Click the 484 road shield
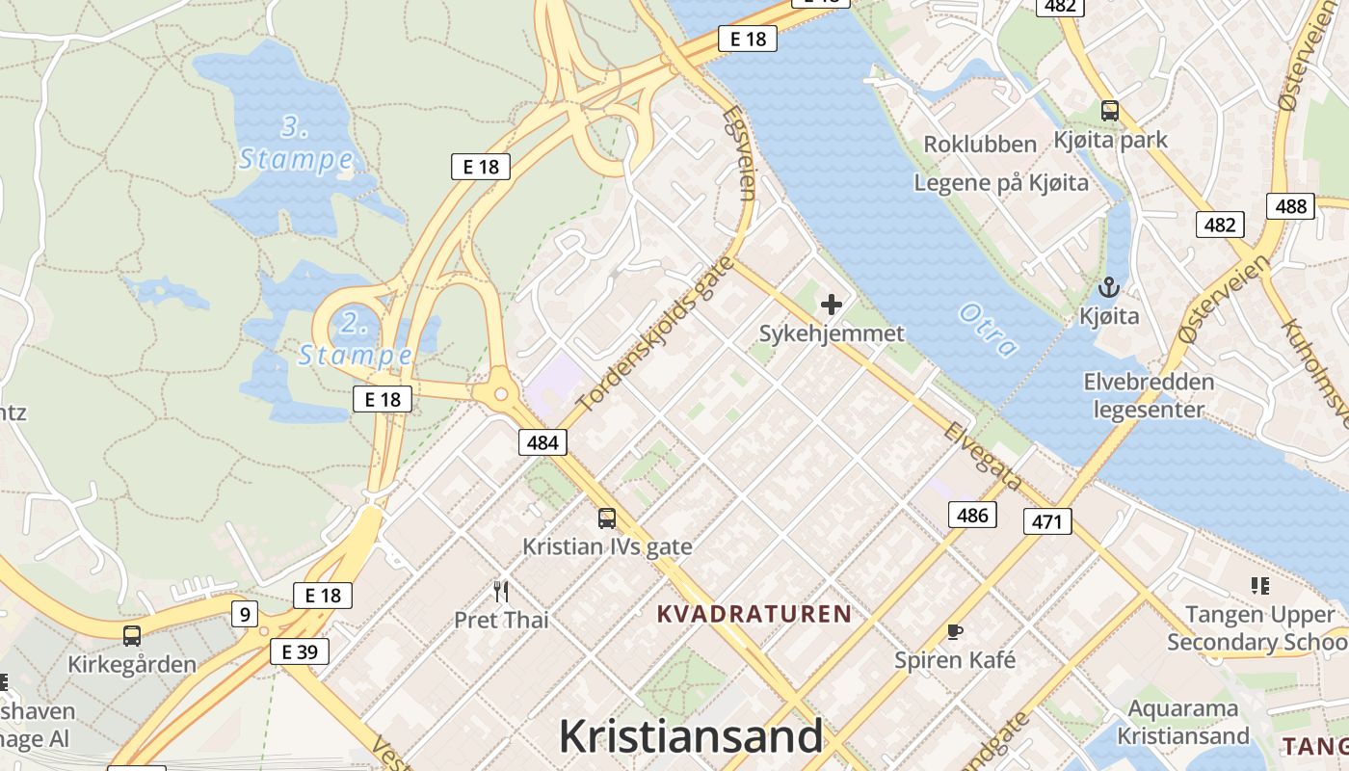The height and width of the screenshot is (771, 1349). point(542,442)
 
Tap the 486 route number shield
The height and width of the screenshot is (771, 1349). point(972,515)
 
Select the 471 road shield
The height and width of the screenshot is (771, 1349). point(1046,522)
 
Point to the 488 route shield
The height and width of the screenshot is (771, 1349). point(1290,206)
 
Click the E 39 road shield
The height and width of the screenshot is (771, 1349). point(300,651)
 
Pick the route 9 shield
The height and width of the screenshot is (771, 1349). point(245,613)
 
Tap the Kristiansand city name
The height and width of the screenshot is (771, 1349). point(691,737)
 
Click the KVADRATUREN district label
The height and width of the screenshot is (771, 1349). point(754,614)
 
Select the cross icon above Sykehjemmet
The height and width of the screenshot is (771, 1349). point(831,306)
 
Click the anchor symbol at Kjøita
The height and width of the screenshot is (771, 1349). point(1109,287)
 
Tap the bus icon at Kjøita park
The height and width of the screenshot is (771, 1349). point(1110,111)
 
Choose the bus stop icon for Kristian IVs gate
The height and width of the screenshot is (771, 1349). point(606,518)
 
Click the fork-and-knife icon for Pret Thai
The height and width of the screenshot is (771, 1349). point(501,591)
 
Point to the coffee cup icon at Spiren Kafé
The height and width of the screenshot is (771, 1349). point(954,632)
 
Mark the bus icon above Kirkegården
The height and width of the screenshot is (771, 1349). point(131,636)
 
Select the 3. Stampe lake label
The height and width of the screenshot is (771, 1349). point(296,143)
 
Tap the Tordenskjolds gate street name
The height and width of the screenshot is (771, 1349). point(655,333)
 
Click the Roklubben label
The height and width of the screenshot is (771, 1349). point(980,145)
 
